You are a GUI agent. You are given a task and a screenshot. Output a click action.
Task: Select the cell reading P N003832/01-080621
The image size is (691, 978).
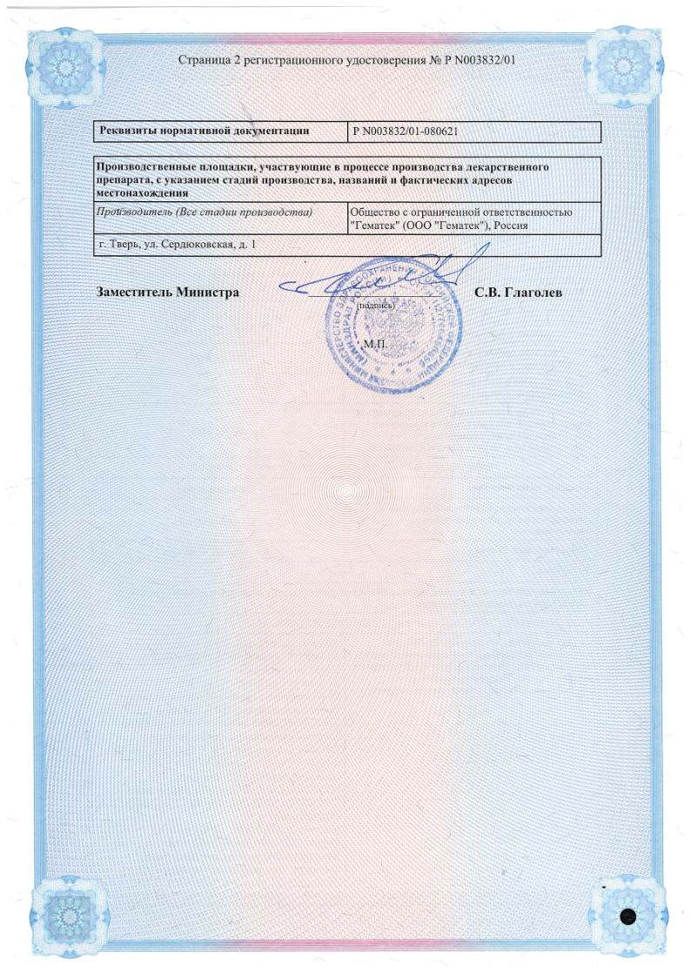pos(406,132)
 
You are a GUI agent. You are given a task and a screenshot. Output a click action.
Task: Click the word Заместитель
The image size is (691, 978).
pos(133,292)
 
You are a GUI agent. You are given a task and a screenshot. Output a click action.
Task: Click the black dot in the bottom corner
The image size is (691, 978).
pos(630,917)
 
